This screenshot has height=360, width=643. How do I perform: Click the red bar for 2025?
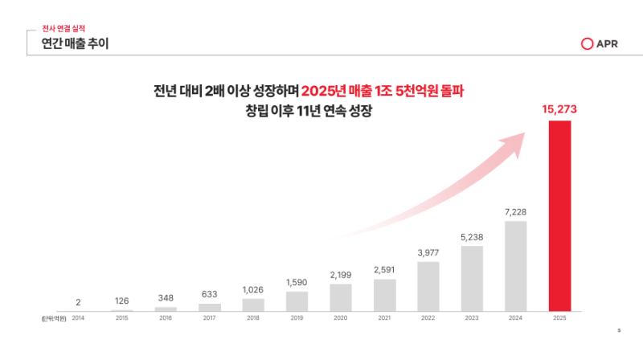559,215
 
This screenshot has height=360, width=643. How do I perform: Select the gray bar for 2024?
516,266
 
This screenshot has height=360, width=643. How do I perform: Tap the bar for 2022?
428,286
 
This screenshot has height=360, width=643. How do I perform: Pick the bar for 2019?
297,301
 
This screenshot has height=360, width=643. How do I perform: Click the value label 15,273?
559,109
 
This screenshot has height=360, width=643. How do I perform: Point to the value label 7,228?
516,211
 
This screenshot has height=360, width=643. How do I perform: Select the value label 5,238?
472,236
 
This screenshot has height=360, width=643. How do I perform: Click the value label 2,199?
341,274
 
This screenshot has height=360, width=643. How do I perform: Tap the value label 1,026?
253,289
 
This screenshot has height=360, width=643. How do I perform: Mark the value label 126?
122,301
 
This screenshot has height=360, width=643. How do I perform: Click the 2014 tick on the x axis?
78,318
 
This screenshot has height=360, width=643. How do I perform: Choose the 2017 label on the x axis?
210,318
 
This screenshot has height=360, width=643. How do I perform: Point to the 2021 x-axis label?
384,318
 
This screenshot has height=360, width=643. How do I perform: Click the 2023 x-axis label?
472,318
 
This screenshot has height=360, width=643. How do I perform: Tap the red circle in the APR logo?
587,43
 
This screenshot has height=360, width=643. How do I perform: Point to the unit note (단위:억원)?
54,318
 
